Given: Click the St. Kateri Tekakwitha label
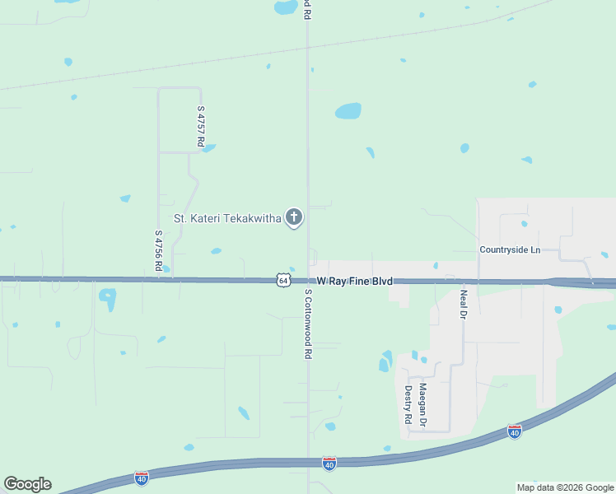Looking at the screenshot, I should (227, 218).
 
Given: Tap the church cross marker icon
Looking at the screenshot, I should (293, 218).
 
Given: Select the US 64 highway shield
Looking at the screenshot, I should (283, 280).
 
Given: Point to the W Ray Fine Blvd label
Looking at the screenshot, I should (354, 282).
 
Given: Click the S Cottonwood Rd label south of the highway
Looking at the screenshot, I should (308, 324).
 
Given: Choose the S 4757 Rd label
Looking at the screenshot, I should (200, 126).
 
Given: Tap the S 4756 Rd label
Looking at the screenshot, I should (157, 250).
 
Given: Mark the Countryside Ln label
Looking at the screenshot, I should (510, 249).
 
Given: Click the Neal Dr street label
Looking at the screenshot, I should (464, 304).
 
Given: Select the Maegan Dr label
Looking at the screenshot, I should (422, 405).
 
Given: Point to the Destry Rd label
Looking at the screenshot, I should (408, 405).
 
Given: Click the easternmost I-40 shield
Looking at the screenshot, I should (514, 431).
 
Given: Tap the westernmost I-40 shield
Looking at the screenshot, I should (141, 478).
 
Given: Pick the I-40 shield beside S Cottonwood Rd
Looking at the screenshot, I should (329, 464).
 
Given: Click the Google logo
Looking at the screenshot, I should (27, 484).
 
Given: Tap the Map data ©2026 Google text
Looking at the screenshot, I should (565, 487).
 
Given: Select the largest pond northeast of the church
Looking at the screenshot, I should (348, 110).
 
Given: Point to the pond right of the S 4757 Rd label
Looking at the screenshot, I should (209, 148).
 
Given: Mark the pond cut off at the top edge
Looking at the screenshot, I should (286, 7).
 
